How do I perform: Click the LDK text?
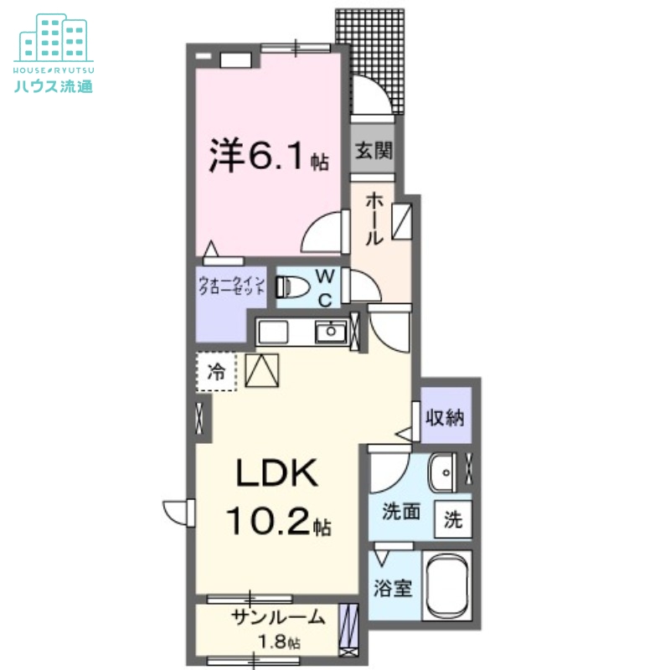pyautogui.click(x=276, y=475)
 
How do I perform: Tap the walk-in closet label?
pyautogui.click(x=232, y=285)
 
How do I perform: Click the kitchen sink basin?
pyautogui.click(x=331, y=332)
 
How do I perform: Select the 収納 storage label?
pyautogui.click(x=444, y=416)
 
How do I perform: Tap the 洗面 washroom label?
pyautogui.click(x=401, y=512)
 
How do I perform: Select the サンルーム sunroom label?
pyautogui.click(x=278, y=618)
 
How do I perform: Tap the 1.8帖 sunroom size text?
pyautogui.click(x=278, y=642)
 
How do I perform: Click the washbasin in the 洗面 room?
pyautogui.click(x=442, y=475)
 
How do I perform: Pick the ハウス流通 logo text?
pyautogui.click(x=54, y=85)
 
